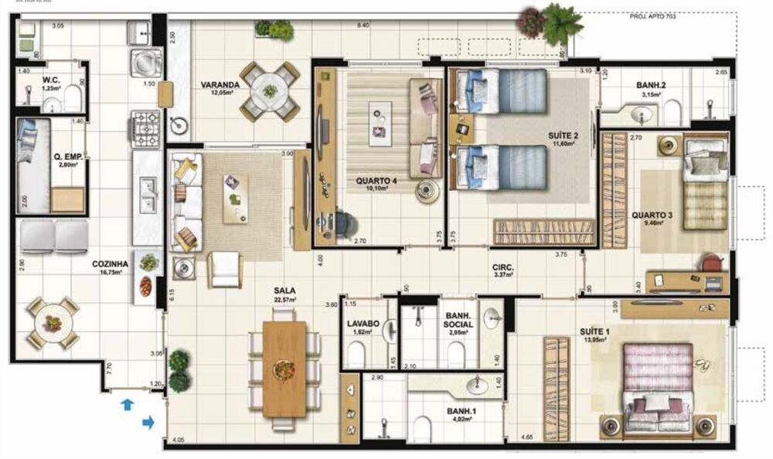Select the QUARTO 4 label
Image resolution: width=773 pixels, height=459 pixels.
(376, 182)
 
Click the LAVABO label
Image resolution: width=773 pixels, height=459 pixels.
(361, 324)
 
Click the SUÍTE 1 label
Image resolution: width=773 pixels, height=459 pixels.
(594, 332)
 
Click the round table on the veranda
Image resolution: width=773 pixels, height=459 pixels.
(270, 90)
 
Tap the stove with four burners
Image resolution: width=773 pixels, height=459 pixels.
(146, 128)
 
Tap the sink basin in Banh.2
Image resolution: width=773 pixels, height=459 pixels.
(642, 116)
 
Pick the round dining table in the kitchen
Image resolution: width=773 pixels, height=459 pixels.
(53, 322)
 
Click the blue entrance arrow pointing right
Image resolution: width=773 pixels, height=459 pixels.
(148, 422)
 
